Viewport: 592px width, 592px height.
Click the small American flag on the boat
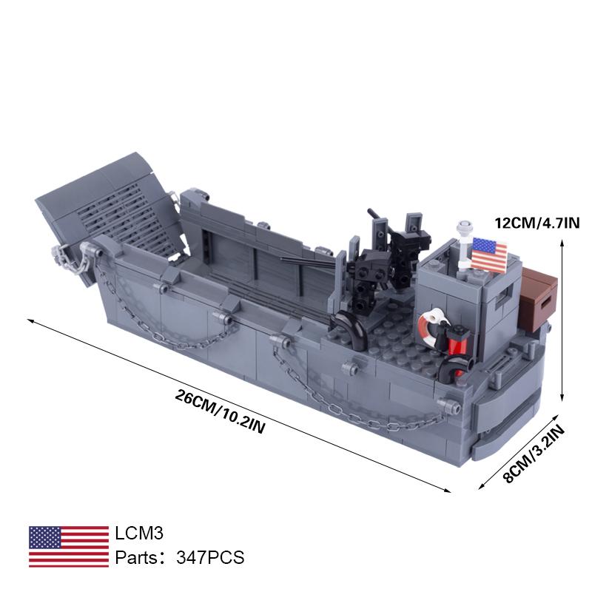489,255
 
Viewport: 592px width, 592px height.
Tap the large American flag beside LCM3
69,546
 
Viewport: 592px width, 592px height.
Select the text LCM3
139,533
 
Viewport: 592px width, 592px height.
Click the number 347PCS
210,557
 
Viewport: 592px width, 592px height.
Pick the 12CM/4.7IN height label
537,223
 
